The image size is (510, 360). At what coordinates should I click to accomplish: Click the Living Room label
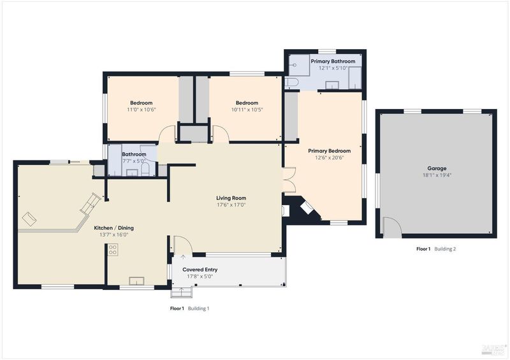(231, 198)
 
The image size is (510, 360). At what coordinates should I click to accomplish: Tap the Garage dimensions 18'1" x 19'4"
(437, 175)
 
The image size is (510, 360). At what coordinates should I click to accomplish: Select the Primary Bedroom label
(329, 151)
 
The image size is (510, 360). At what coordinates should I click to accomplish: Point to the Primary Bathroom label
(333, 61)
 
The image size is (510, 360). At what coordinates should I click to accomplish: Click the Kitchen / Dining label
(114, 228)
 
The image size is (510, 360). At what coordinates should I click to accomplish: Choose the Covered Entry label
(200, 270)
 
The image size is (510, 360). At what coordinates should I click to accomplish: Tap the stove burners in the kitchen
(113, 250)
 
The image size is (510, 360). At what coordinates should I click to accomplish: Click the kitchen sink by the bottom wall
(136, 280)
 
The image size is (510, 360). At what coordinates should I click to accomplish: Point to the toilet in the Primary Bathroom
(291, 82)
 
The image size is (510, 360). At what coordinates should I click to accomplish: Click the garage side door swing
(392, 227)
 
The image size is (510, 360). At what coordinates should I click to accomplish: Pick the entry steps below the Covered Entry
(182, 292)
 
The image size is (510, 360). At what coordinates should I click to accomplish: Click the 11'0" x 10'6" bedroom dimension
(142, 110)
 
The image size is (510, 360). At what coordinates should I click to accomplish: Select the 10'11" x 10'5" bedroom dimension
(247, 110)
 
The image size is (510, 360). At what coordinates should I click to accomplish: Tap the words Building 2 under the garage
(445, 249)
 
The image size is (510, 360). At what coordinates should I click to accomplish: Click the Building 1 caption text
(198, 308)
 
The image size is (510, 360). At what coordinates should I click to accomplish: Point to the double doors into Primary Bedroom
(289, 180)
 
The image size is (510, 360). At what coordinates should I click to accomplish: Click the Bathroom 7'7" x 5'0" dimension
(133, 161)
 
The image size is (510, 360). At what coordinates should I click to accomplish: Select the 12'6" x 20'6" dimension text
(329, 158)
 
